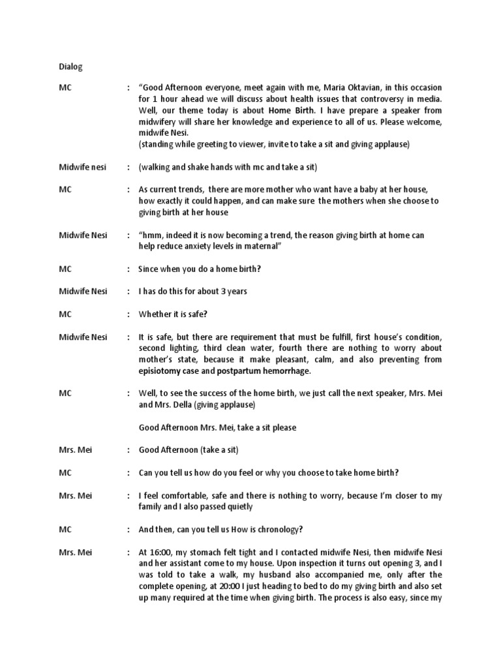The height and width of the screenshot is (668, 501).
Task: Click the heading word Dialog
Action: (x=70, y=67)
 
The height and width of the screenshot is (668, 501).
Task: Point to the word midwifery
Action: (x=160, y=122)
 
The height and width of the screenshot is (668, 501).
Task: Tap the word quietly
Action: (x=239, y=507)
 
